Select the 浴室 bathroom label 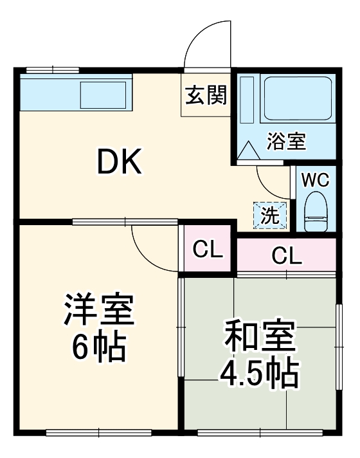[287, 140]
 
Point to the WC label [315, 179]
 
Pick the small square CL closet [207, 249]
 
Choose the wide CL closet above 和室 [286, 255]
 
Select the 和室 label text [259, 336]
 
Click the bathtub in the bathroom [297, 98]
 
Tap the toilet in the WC [315, 213]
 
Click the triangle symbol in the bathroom [248, 152]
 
